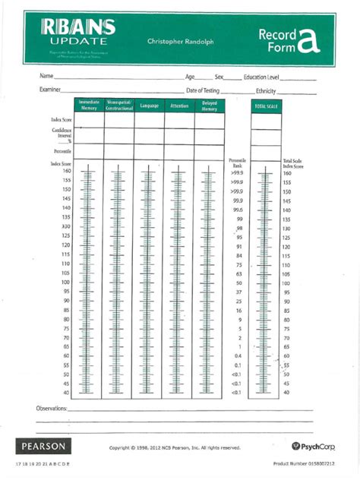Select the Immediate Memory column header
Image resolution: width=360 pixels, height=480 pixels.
[x=90, y=106]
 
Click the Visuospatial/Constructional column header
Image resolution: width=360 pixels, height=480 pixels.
[x=119, y=106]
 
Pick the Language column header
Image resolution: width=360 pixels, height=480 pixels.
[x=150, y=106]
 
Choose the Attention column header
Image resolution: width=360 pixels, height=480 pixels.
[x=179, y=106]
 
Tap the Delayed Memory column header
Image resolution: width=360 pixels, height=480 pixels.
[x=210, y=106]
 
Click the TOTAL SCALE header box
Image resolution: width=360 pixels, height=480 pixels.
[x=267, y=106]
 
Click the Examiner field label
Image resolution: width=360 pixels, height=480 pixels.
[x=50, y=90]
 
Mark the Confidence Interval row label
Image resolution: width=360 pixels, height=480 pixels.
[x=62, y=134]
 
